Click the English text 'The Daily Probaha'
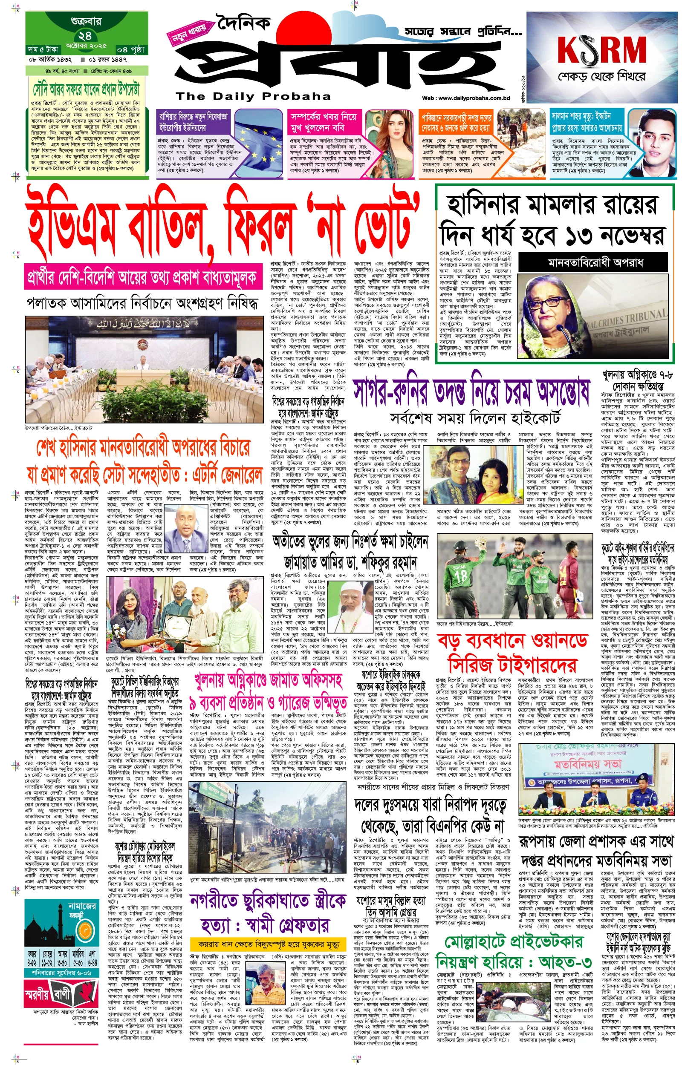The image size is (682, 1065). point(253,96)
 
